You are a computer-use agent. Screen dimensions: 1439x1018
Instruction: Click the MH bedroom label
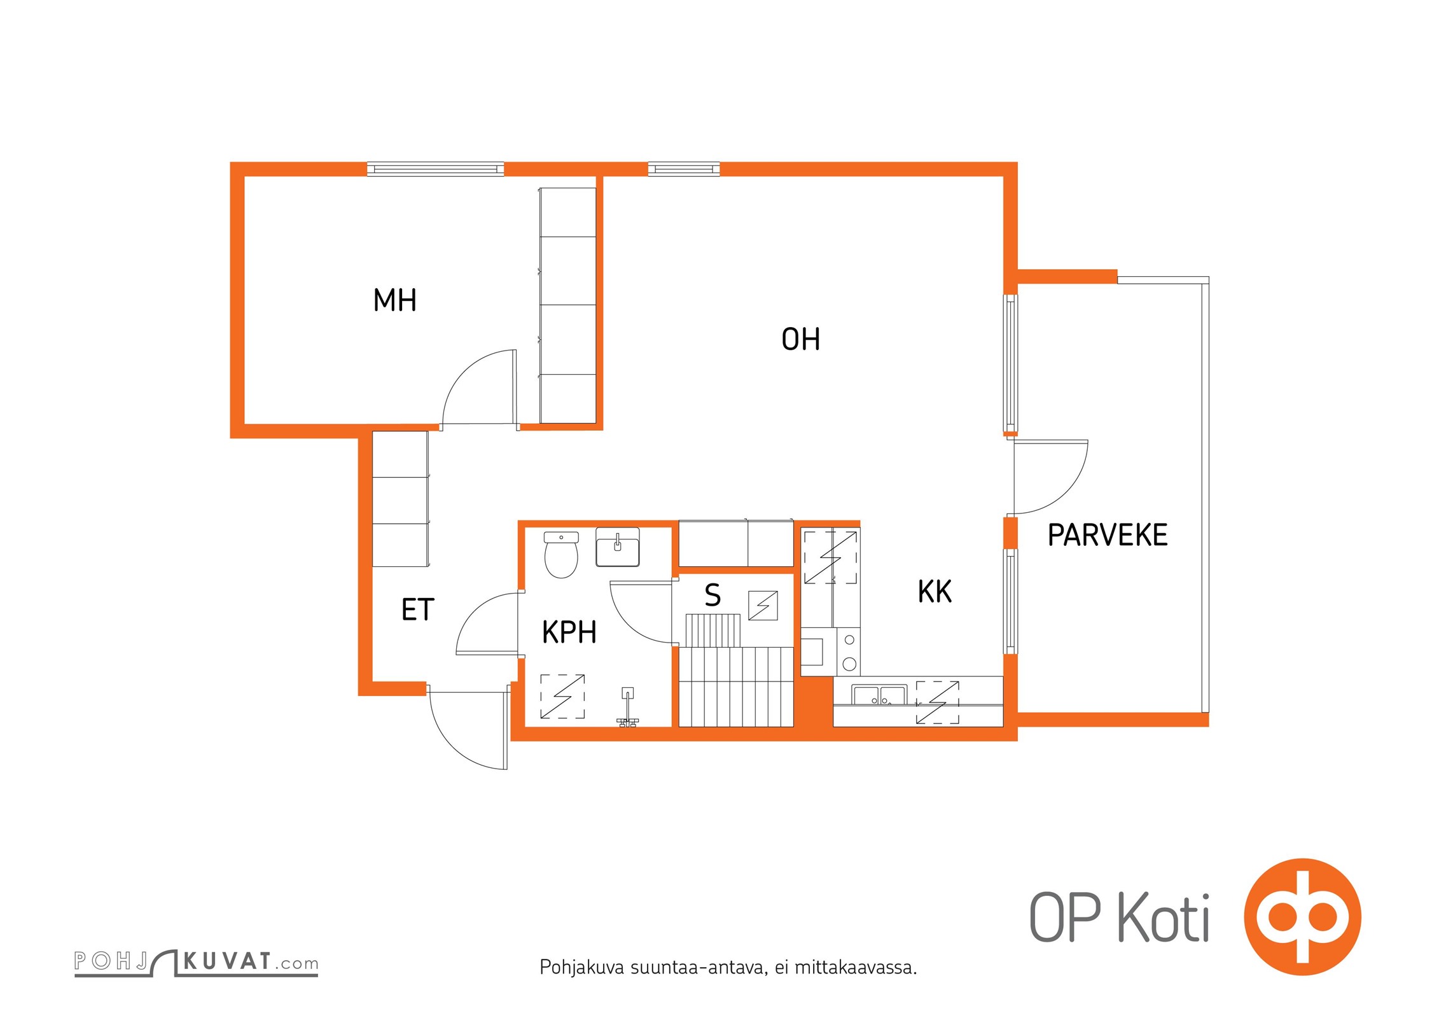(394, 300)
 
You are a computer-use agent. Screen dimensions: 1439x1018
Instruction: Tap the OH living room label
(800, 339)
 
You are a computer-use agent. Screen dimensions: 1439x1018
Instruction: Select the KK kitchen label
(935, 592)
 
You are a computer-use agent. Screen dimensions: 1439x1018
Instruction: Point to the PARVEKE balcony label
(1108, 535)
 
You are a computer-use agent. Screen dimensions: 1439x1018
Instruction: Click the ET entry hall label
(418, 610)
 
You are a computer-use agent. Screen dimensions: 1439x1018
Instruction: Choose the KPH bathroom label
(569, 632)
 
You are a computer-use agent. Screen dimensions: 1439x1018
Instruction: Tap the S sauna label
(713, 596)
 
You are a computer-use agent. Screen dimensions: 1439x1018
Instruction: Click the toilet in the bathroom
(561, 555)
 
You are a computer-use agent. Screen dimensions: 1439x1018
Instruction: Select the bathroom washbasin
(617, 547)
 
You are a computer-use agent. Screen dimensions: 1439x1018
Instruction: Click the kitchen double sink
(879, 695)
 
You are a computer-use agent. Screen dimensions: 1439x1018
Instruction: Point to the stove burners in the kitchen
(849, 652)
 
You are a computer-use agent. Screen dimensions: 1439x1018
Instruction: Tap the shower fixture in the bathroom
(627, 706)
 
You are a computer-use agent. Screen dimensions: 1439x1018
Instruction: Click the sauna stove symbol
(763, 605)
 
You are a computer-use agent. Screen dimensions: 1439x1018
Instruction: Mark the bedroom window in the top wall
(436, 169)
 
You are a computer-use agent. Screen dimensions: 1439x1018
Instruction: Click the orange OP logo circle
(1302, 917)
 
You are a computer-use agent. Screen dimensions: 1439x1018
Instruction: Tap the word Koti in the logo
(1164, 917)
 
